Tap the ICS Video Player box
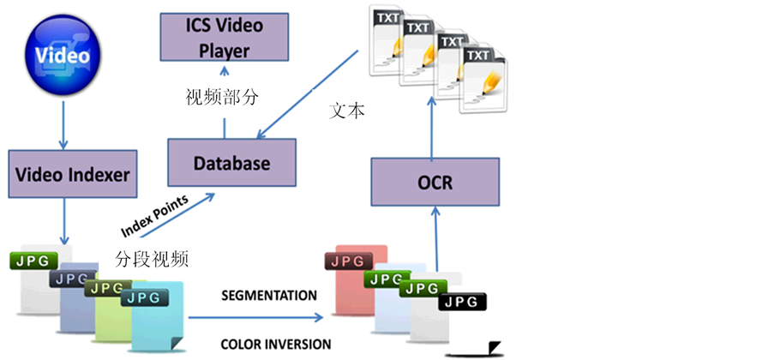224,37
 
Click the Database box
231,163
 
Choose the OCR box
435,181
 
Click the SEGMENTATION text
269,296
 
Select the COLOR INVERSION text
275,345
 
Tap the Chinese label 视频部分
222,98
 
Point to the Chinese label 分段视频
151,258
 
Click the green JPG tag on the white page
33,259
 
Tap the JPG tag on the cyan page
144,298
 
